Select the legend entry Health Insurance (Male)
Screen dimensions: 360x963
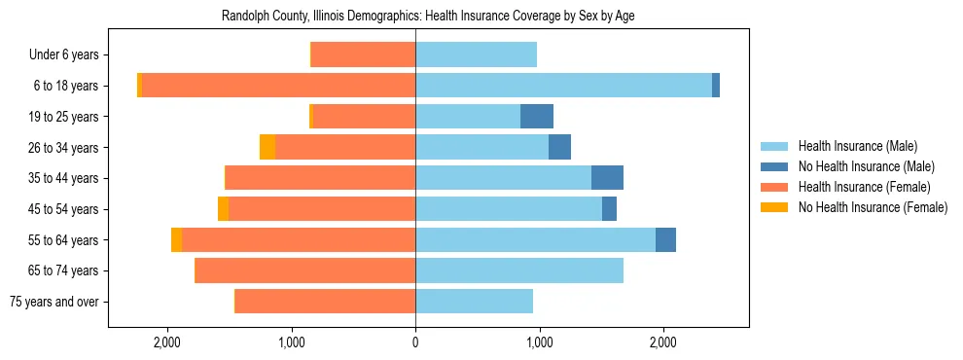[x=857, y=146]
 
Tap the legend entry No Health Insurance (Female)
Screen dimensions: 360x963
[x=873, y=207]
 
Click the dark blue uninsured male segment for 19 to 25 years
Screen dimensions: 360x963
[x=537, y=117]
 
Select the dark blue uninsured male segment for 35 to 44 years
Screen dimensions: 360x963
[x=607, y=178]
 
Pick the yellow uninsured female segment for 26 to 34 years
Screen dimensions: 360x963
[x=267, y=147]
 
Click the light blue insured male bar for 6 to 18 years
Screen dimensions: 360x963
[x=563, y=86]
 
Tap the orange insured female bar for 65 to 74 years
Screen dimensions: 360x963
[x=305, y=270]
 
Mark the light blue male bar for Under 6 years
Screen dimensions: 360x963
[x=476, y=55]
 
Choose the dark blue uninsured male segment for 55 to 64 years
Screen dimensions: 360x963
[x=665, y=239]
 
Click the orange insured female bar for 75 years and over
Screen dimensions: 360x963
[x=325, y=302]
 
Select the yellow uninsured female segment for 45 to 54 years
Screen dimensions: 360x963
[x=223, y=209]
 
